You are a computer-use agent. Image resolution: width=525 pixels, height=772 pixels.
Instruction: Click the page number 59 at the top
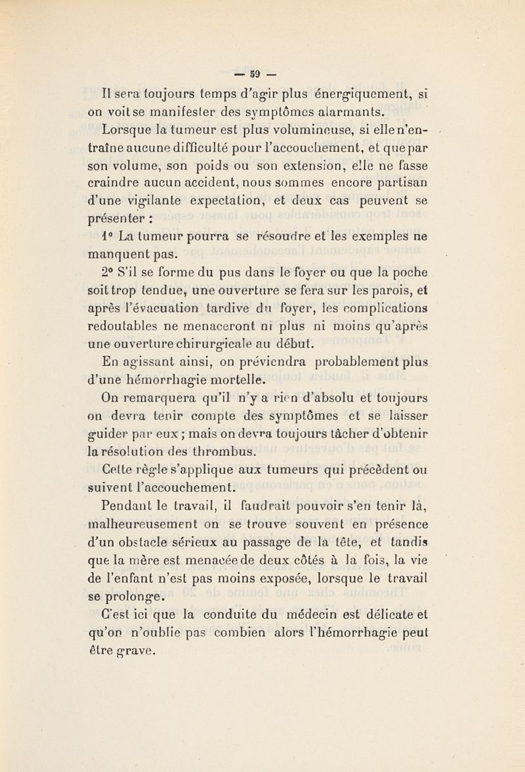click(261, 68)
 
